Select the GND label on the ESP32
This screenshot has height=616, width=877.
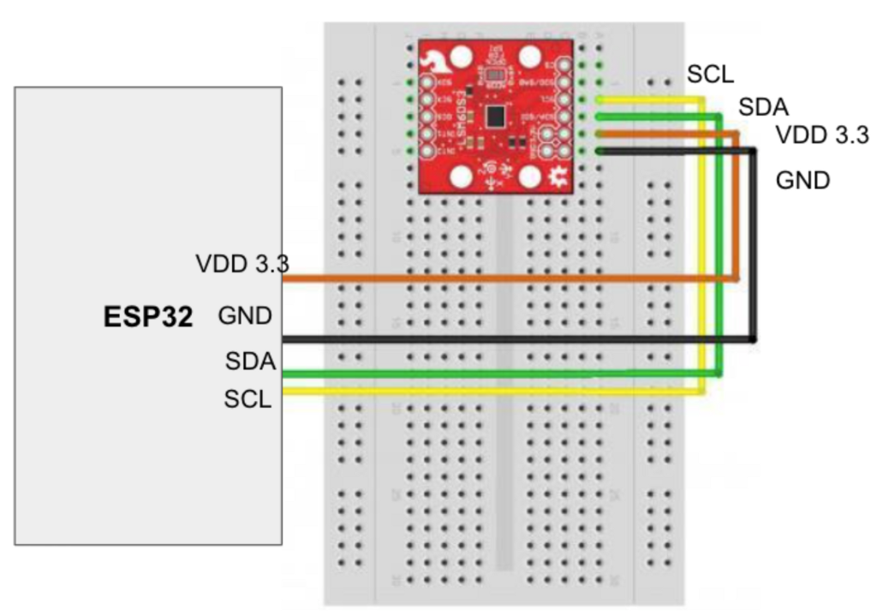click(245, 316)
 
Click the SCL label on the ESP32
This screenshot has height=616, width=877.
click(248, 398)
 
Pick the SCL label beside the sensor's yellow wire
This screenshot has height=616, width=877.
click(710, 75)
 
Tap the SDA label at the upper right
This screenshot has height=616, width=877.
click(763, 107)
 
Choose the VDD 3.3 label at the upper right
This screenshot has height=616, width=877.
click(822, 135)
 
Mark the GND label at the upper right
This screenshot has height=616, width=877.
click(802, 181)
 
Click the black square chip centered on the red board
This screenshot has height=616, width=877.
click(495, 116)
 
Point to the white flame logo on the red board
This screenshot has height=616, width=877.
click(435, 59)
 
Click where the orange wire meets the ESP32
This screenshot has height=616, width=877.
click(285, 279)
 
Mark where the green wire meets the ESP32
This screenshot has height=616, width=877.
click(285, 372)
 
